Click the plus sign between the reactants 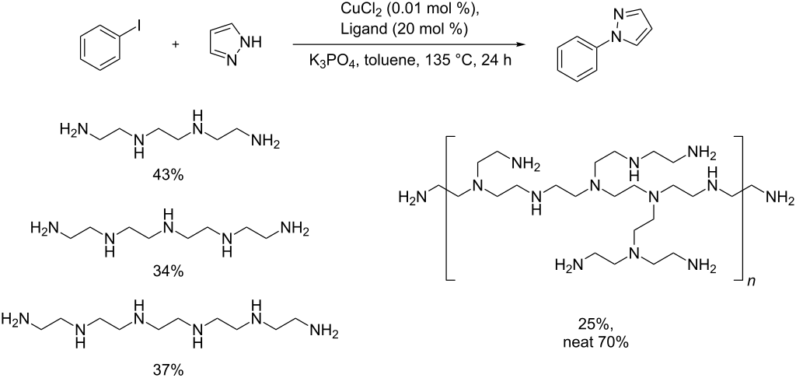pos(176,44)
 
